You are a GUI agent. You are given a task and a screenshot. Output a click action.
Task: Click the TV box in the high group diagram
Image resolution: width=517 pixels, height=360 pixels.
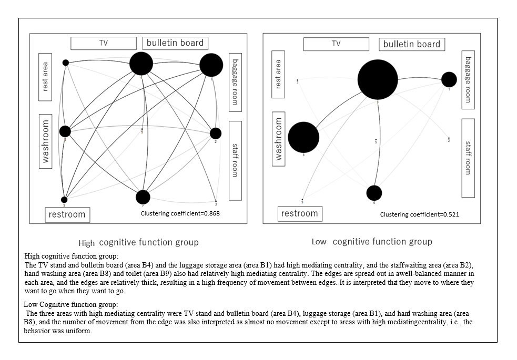(x=104, y=43)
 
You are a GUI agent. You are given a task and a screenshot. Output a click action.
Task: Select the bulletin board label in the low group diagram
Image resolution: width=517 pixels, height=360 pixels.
(x=412, y=44)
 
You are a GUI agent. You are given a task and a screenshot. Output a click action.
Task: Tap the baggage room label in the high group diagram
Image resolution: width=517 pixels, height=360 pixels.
(x=235, y=79)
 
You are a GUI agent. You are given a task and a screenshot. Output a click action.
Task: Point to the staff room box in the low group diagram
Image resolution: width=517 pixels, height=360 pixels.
(x=468, y=158)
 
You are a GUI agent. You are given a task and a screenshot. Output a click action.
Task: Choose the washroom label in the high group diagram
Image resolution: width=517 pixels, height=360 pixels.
(x=46, y=141)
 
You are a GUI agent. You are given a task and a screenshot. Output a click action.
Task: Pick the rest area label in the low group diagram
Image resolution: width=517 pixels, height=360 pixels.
(x=278, y=74)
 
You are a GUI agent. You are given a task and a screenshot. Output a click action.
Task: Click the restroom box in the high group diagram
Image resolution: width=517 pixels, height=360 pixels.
(x=67, y=214)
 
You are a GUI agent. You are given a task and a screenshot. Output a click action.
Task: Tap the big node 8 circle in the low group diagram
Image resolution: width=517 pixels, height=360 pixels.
(x=303, y=137)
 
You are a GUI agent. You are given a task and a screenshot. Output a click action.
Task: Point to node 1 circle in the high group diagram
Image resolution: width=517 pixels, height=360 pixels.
(x=211, y=65)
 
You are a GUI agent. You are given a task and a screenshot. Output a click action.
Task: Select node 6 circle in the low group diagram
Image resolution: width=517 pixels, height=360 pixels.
(x=374, y=193)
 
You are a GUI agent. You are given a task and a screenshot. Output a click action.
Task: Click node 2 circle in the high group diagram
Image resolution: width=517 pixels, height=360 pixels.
(x=216, y=133)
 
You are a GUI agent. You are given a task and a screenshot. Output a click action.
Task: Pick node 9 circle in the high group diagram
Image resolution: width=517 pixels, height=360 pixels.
(x=64, y=199)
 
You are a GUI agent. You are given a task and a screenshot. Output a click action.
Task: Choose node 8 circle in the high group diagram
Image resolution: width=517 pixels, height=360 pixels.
(x=65, y=131)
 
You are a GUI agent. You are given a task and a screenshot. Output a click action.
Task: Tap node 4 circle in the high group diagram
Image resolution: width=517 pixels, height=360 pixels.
(x=141, y=64)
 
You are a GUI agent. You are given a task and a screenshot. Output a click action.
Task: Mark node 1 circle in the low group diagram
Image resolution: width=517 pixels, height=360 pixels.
(x=449, y=79)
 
